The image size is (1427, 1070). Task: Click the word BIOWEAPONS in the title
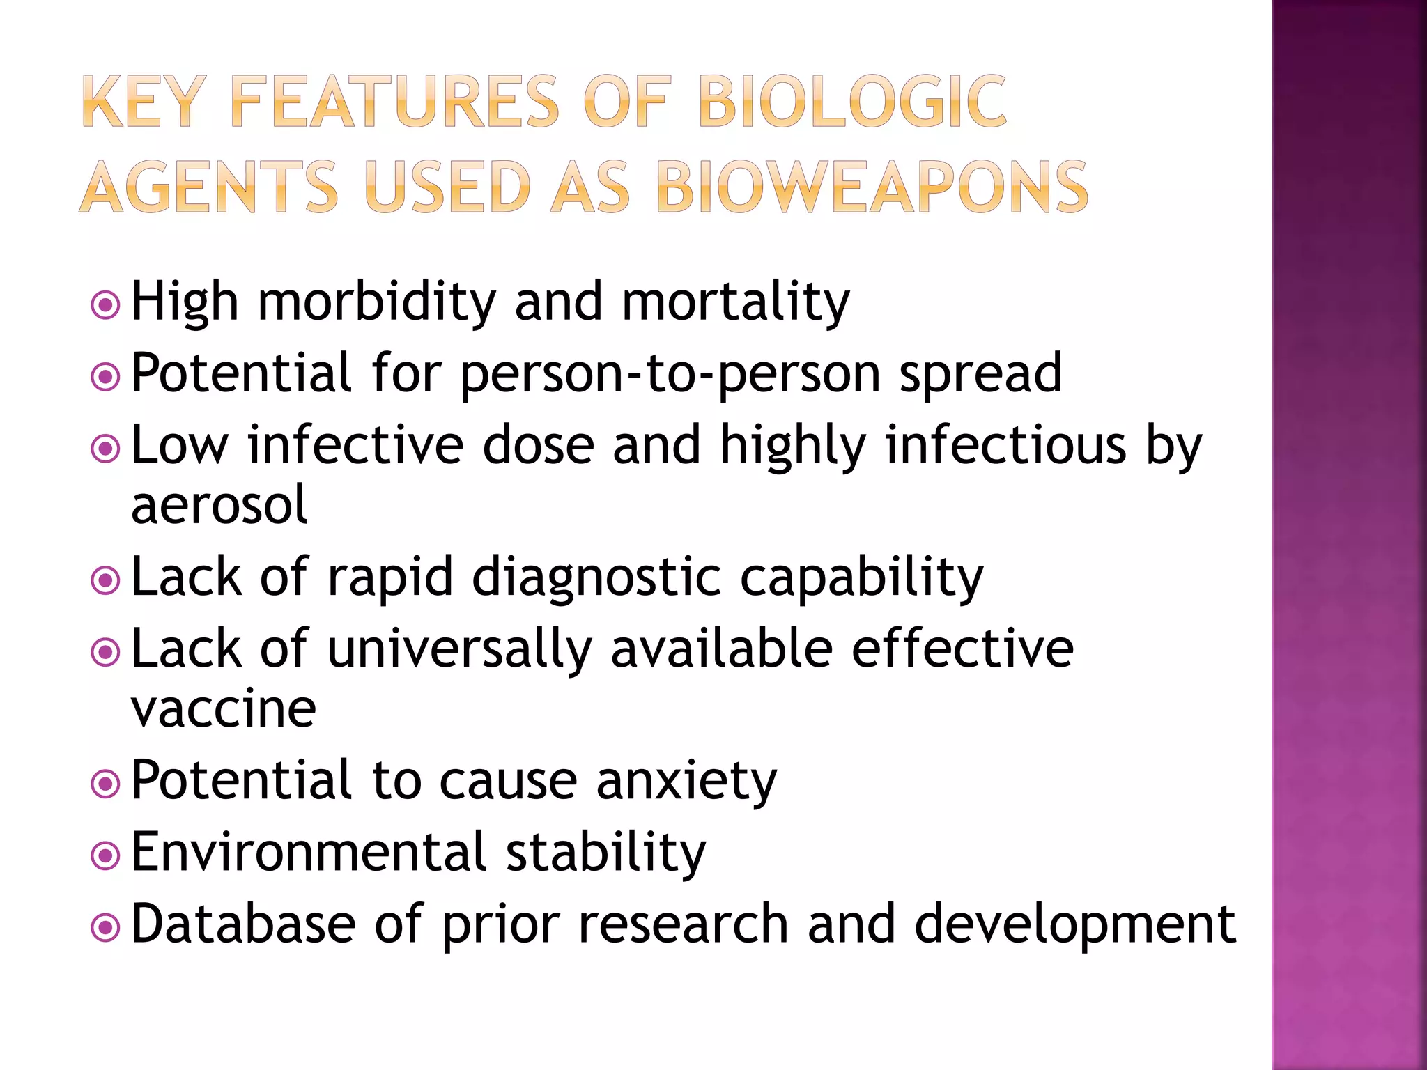(871, 187)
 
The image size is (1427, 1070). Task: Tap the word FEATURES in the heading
(394, 102)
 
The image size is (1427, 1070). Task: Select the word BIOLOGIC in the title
(851, 102)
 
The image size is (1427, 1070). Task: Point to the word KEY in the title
(144, 102)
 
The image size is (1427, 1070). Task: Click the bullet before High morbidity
(106, 304)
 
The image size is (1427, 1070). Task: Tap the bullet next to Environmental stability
(106, 855)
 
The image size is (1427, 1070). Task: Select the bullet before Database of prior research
(106, 927)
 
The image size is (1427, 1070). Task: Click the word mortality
(735, 303)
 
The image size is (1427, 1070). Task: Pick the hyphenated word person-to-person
(670, 375)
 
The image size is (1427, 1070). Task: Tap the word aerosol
(219, 504)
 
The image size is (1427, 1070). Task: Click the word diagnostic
(596, 578)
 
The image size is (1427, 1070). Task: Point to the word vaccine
(224, 709)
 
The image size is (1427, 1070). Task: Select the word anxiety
(686, 782)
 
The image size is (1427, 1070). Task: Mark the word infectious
(1005, 445)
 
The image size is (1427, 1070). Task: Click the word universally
(459, 650)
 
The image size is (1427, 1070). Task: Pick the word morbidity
(377, 303)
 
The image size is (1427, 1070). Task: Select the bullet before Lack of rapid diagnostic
(106, 580)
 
